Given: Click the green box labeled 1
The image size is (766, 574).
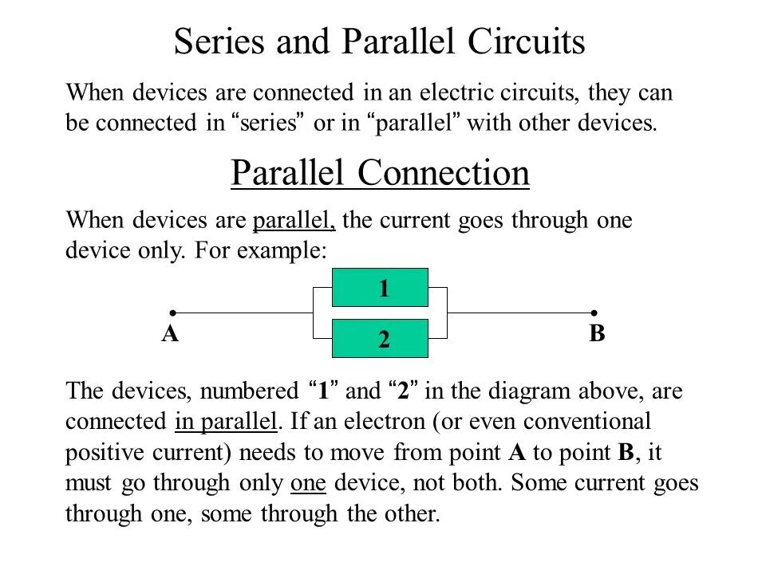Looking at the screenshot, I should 380,288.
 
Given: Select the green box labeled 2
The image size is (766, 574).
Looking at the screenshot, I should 380,339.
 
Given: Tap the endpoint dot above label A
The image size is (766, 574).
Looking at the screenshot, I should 172,313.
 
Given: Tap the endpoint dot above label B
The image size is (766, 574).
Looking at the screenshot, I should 594,313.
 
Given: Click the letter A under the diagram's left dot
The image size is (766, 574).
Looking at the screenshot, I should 170,334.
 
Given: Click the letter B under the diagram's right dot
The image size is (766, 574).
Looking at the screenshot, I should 598,334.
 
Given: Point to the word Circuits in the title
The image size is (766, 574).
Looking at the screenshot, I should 527,41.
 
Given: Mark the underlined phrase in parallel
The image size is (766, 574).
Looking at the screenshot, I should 225,421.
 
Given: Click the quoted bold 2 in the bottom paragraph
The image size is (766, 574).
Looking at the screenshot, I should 404,391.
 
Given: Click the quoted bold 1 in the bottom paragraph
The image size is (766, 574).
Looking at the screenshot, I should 323,391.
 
